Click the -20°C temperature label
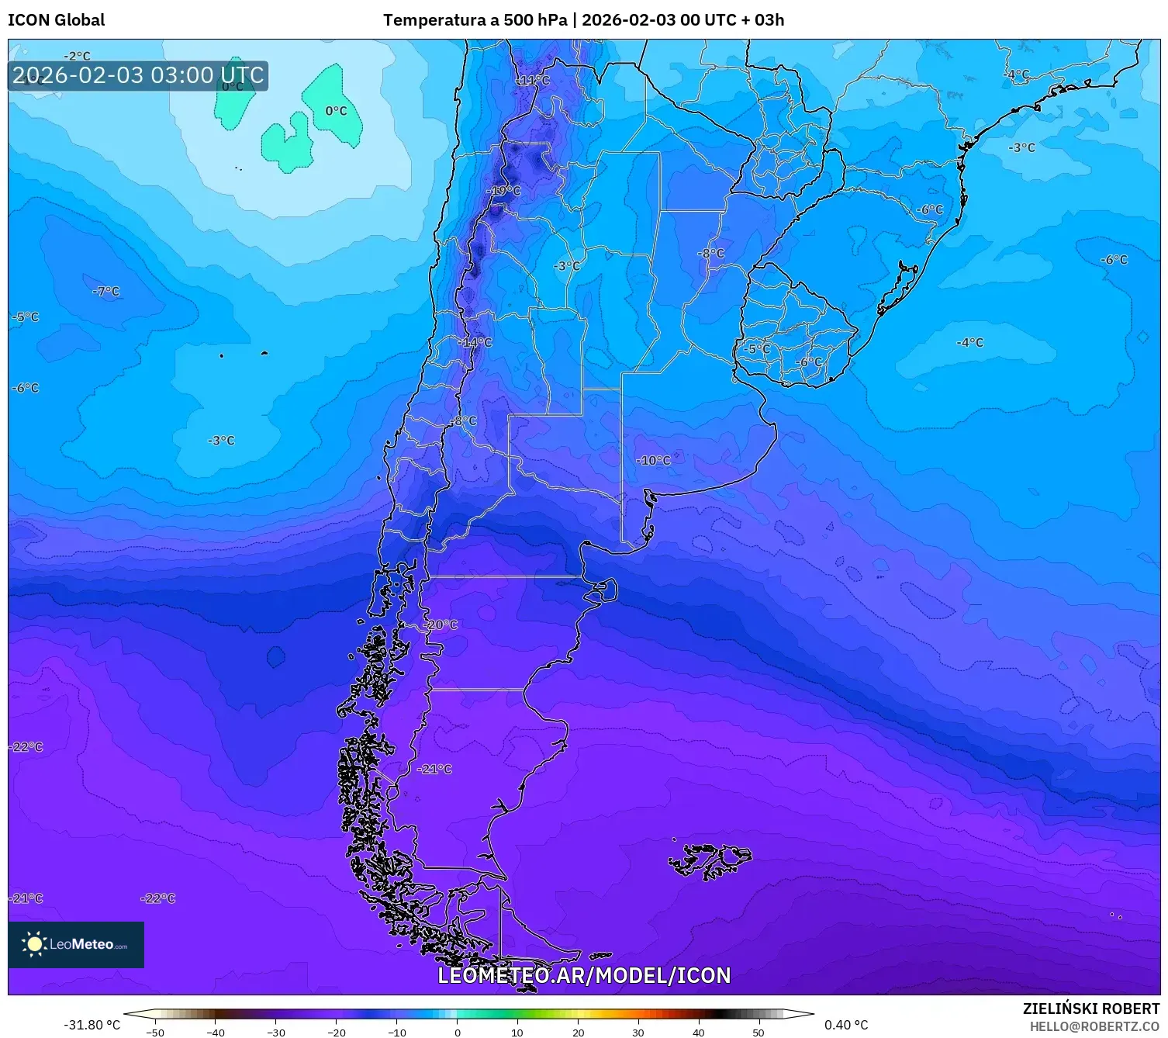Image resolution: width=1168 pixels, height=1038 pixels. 441,625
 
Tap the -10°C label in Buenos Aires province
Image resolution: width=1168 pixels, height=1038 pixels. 654,460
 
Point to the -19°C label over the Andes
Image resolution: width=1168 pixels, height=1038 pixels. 504,191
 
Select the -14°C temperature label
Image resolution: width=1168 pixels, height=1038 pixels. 475,342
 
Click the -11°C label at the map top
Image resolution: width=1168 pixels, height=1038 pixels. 534,81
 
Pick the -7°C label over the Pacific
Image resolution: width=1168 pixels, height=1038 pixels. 106,292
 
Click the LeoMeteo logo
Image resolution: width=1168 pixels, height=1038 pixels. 76,944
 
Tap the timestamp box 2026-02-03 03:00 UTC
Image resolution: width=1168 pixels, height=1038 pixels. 138,76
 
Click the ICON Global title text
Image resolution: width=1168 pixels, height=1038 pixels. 56,20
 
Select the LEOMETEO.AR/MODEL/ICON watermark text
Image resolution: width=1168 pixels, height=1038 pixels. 584,975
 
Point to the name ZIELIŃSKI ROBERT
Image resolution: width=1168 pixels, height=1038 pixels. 1090,1009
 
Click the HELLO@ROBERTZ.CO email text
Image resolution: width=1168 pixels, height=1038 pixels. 1094,1026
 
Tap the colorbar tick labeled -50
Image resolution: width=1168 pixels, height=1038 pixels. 155,1032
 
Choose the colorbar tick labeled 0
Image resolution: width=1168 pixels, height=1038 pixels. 457,1032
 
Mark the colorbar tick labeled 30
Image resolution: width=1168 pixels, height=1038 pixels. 638,1032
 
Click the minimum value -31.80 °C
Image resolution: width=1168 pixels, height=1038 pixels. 92,1025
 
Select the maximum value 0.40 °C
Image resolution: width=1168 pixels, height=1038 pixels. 846,1025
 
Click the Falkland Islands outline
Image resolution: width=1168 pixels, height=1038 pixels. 710,860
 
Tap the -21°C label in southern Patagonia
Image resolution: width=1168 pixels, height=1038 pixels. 434,769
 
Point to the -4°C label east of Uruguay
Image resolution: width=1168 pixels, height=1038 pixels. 969,342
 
